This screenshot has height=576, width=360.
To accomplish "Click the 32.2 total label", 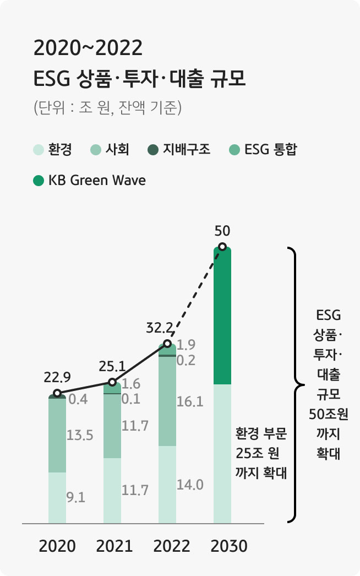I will coord(160,329).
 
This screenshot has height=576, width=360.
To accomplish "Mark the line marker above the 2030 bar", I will coord(222,247).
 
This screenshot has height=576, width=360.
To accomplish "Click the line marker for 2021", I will coord(112,382).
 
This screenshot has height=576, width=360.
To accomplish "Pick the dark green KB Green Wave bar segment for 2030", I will coord(222,317).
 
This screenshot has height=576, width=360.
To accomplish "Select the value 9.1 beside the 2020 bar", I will coord(75,498).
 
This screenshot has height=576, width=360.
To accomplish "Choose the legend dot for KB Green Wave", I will coord(38,181).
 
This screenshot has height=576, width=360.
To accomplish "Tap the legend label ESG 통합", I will coord(270,149).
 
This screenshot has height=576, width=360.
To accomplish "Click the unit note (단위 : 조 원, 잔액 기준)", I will coord(107,107).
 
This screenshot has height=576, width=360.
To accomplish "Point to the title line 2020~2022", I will coord(88,48).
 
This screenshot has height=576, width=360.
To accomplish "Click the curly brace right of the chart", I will coord(294,384).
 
